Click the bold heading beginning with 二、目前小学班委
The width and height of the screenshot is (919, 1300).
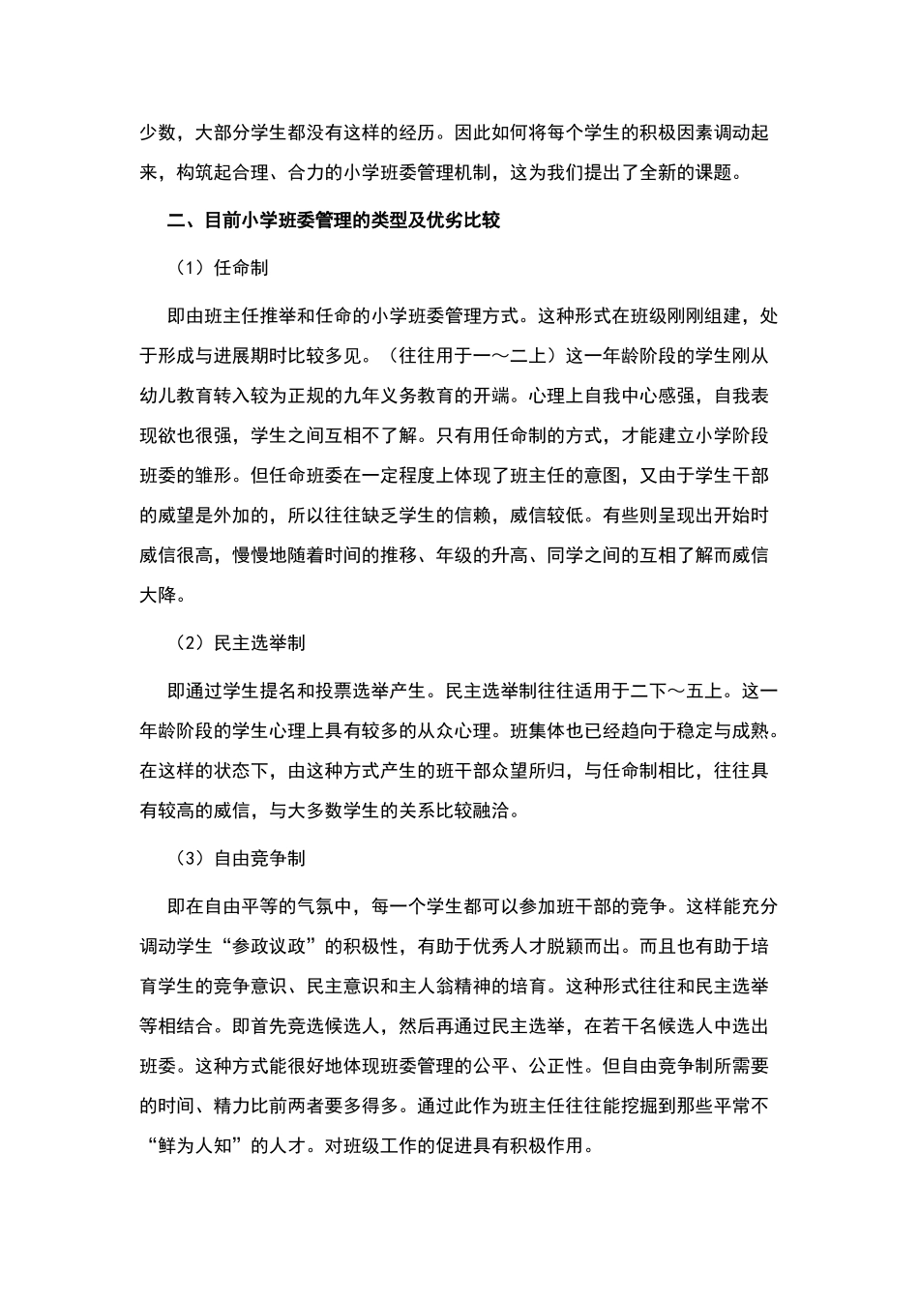pyautogui.click(x=334, y=221)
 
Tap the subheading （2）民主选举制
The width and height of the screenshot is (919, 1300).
pyautogui.click(x=241, y=643)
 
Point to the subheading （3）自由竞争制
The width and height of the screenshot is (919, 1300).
pyautogui.click(x=241, y=858)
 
